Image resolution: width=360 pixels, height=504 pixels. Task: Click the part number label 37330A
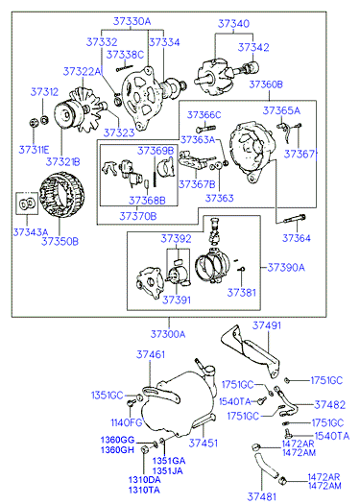pos(132,22)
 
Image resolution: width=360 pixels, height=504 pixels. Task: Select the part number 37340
pos(233,24)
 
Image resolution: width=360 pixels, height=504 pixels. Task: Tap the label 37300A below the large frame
pos(168,334)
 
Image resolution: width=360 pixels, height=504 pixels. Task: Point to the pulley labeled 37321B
pos(68,115)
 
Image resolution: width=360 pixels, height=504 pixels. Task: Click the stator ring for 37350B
pos(62,195)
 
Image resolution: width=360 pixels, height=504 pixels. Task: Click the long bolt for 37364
pos(295,219)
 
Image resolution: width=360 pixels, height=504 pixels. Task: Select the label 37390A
pos(286,268)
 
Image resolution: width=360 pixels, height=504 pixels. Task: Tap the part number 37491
pos(267,325)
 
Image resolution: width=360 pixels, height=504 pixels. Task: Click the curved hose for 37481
pos(266,463)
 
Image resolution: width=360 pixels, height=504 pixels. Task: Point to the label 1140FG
pos(127,422)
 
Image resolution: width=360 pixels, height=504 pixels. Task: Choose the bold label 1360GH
pos(117,449)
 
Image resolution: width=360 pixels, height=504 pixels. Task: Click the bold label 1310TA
pos(144,490)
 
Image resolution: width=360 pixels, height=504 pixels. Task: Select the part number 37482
pos(330,405)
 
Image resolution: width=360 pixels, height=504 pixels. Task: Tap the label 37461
pos(151,354)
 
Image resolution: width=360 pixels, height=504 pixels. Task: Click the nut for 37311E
pos(33,123)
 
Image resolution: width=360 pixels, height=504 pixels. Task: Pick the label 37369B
pos(156,151)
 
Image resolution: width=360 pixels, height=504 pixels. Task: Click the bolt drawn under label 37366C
pos(205,130)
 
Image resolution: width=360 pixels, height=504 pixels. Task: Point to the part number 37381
pos(242,293)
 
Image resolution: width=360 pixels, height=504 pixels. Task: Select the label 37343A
pos(30,231)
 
